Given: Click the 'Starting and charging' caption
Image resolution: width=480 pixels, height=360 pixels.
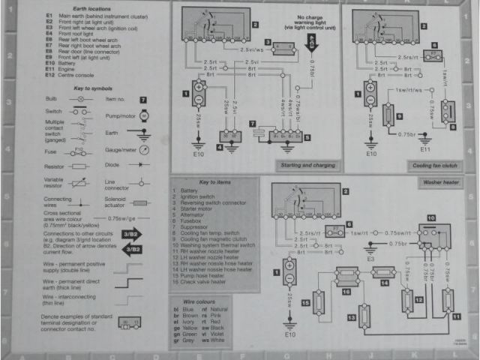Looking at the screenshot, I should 304,165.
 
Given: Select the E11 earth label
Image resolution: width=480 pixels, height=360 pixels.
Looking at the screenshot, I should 424,151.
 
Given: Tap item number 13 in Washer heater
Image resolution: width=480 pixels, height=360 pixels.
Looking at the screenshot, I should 351,319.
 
